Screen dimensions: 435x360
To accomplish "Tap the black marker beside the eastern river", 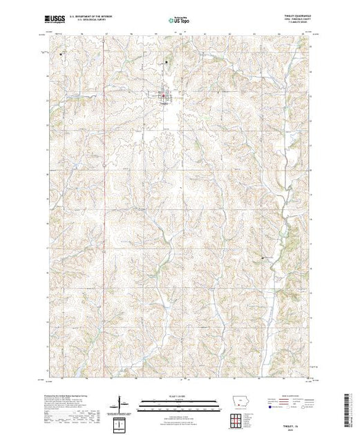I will pos(263,258).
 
